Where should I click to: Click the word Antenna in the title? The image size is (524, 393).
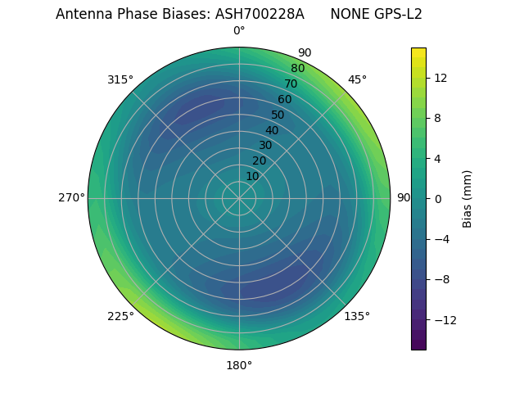(x=82, y=14)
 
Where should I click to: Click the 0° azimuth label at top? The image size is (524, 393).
(x=239, y=31)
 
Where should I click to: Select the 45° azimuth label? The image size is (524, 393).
(x=357, y=79)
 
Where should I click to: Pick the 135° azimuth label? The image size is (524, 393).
(x=357, y=316)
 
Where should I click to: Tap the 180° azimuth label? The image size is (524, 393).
(x=239, y=365)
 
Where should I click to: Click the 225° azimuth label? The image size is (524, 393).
(x=120, y=316)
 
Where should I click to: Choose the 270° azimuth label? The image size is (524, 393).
(x=71, y=198)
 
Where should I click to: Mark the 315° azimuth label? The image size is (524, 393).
(x=120, y=79)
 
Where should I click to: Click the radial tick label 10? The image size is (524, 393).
(x=252, y=176)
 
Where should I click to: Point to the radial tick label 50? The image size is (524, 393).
(x=278, y=115)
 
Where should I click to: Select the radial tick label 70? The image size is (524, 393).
(x=291, y=84)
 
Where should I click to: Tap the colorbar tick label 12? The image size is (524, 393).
(x=440, y=78)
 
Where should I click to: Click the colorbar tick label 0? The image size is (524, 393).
(x=436, y=199)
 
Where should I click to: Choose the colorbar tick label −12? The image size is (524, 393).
(x=442, y=320)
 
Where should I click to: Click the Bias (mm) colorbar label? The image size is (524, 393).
(x=468, y=199)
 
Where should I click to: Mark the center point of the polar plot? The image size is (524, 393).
(x=239, y=198)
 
